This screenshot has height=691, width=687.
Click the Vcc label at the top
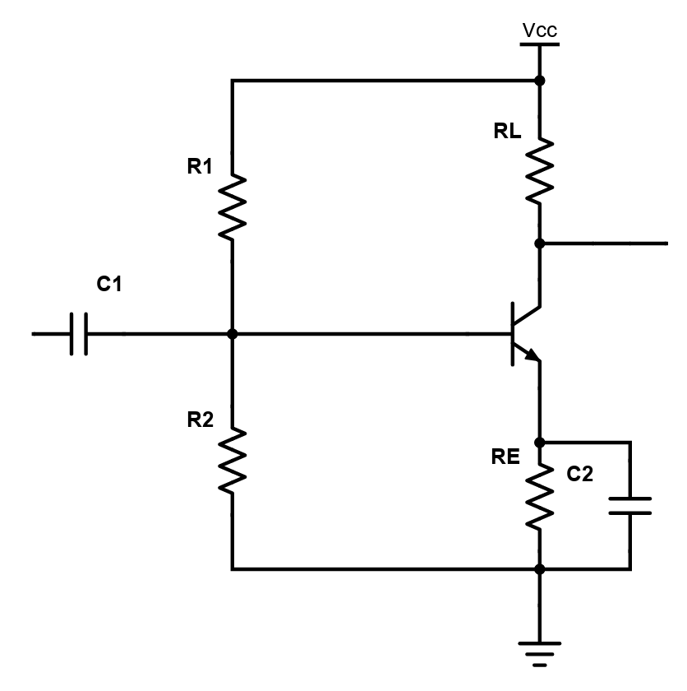point(539,31)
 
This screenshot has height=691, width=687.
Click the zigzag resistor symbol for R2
point(232,461)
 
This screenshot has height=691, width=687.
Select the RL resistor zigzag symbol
point(540,171)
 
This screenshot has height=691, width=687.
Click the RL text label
point(507,132)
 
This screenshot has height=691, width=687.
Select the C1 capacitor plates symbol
point(79,334)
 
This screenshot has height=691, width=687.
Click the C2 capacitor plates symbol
point(630,505)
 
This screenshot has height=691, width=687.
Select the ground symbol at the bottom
point(540,650)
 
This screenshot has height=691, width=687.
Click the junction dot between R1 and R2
point(232,334)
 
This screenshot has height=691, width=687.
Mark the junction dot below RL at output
point(540,243)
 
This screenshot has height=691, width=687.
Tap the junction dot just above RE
point(540,443)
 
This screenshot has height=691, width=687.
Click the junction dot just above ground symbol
point(540,568)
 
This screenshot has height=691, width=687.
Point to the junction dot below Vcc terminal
point(540,81)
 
